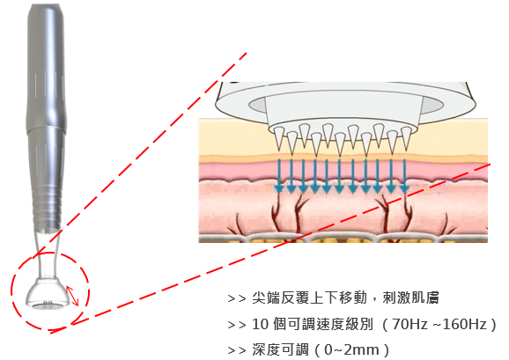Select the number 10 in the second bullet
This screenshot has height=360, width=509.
coord(260,324)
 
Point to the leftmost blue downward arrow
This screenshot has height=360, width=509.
coord(278,175)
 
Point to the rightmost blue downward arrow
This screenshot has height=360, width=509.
coord(404,175)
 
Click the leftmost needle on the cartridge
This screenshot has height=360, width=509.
coord(279,138)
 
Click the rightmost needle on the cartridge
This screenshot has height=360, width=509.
coord(406,137)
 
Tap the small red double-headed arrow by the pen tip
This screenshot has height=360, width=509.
coord(72,296)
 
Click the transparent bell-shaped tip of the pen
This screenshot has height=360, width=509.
coord(48,292)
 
